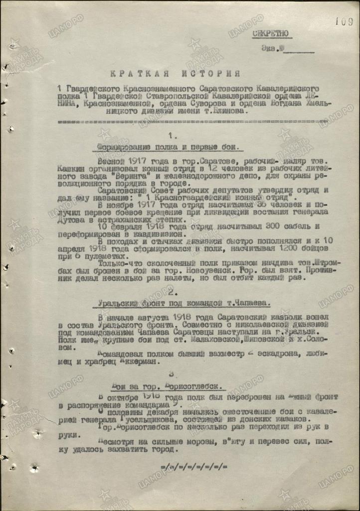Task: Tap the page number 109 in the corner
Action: coord(344,21)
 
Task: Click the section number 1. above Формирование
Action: coord(173,135)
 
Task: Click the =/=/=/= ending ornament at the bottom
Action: coord(194,467)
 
